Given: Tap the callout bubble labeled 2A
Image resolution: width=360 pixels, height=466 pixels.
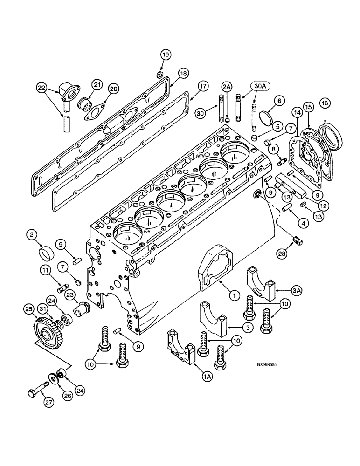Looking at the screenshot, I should pyautogui.click(x=227, y=87).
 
